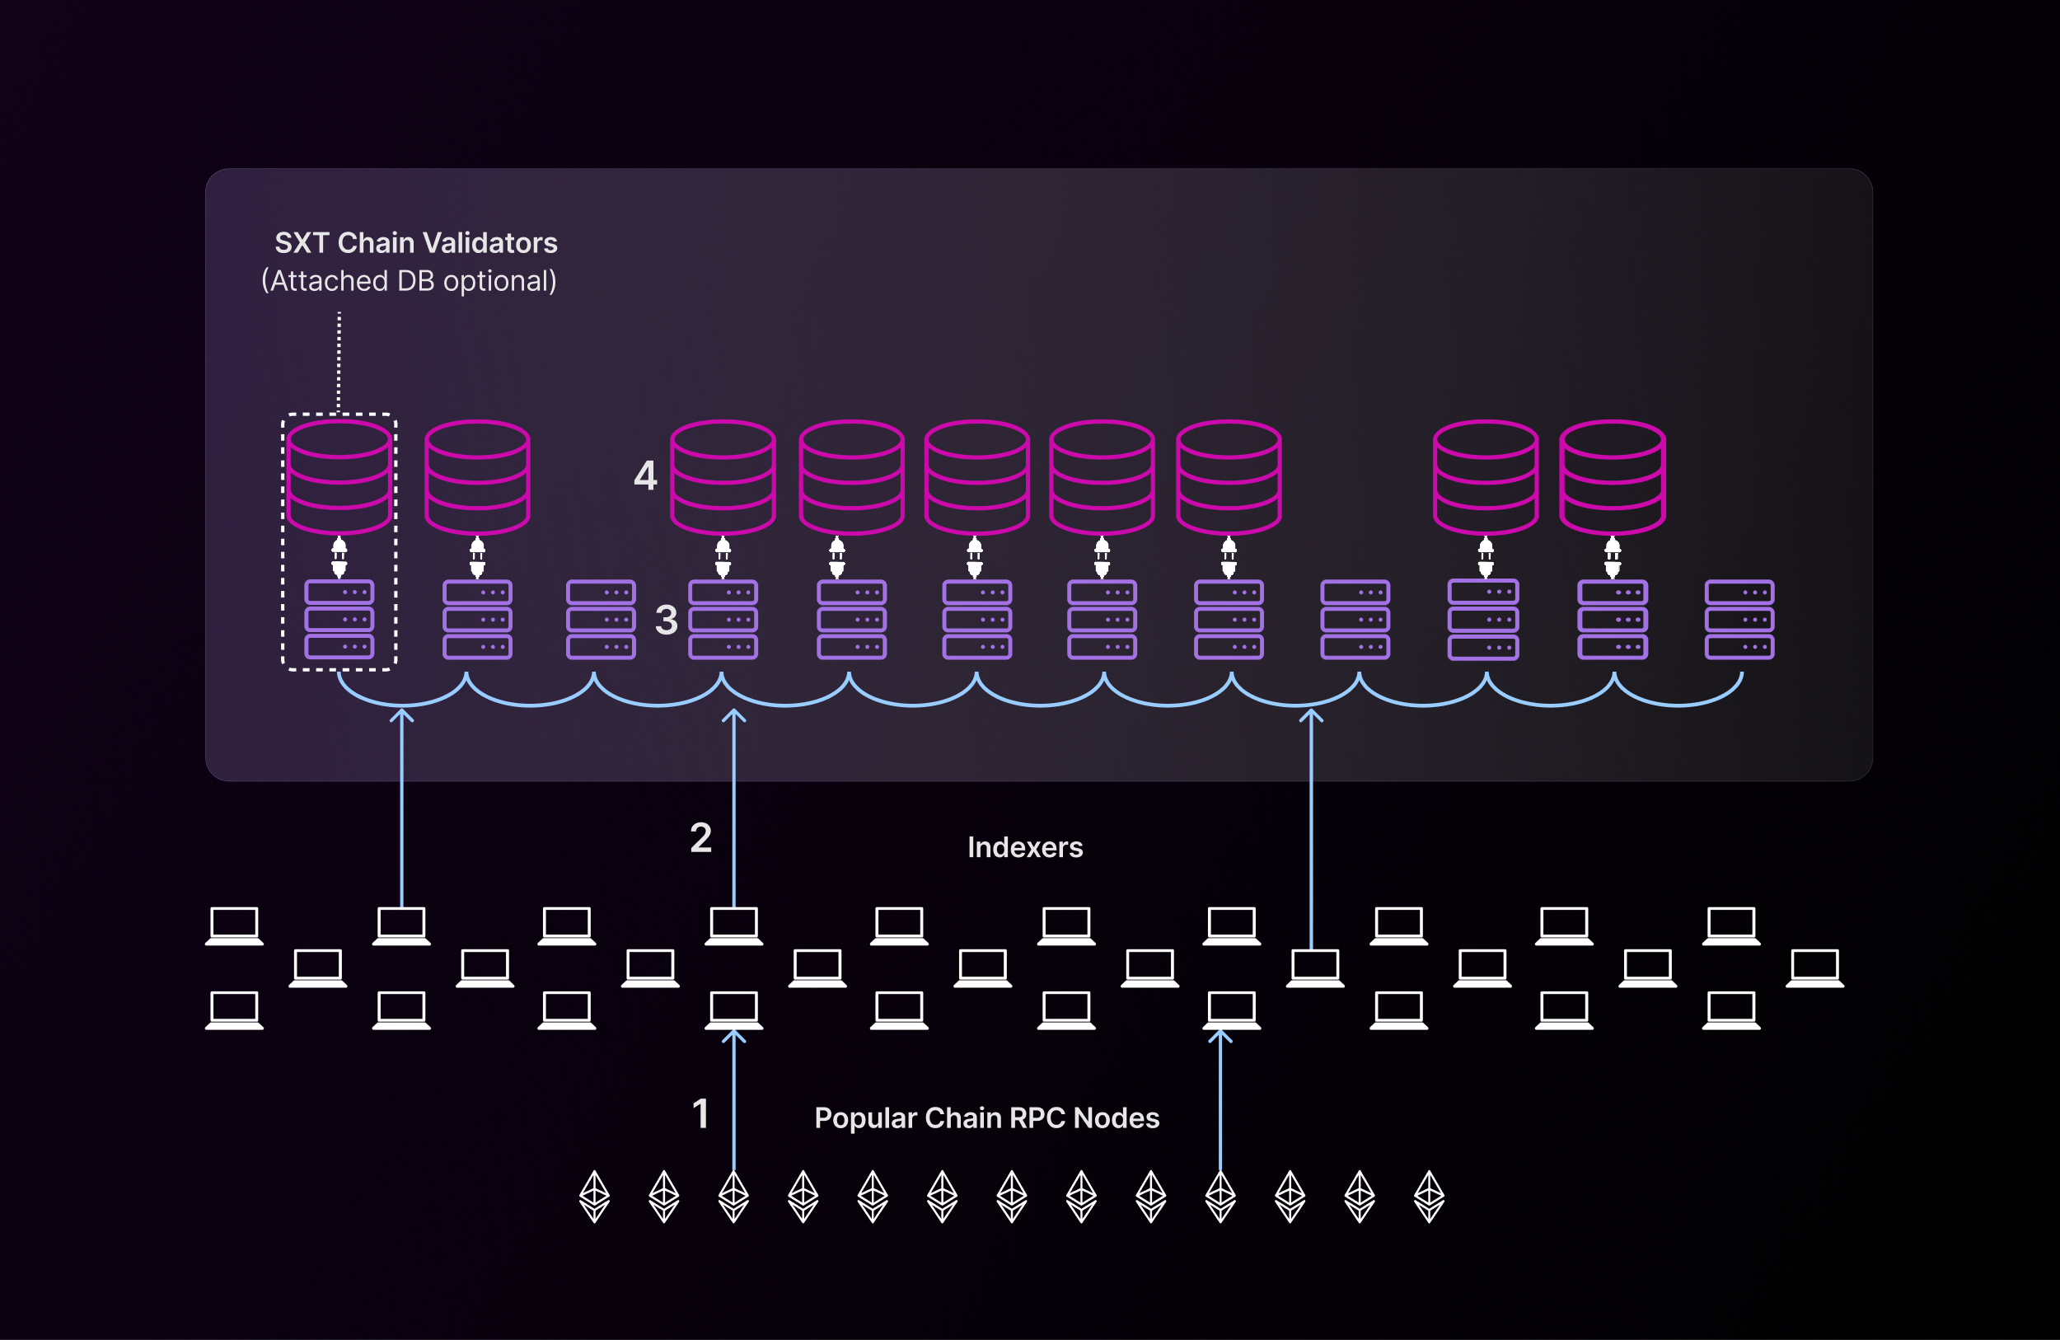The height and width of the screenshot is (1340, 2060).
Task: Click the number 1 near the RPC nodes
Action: pyautogui.click(x=700, y=1113)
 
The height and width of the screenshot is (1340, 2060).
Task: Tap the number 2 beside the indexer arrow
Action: pyautogui.click(x=700, y=838)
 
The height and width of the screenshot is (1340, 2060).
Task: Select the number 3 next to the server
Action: pyautogui.click(x=666, y=620)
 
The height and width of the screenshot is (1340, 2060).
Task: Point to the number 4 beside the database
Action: pyautogui.click(x=645, y=476)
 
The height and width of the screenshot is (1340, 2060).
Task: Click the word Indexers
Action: pyautogui.click(x=1025, y=847)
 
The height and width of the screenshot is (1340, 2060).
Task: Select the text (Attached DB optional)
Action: pyautogui.click(x=409, y=281)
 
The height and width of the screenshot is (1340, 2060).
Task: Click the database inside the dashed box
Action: pyautogui.click(x=339, y=477)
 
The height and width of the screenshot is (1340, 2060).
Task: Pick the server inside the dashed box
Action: pyautogui.click(x=339, y=620)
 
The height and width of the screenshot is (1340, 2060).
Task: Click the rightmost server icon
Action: pyautogui.click(x=1739, y=620)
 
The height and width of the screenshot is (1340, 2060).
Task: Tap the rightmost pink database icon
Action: pyautogui.click(x=1612, y=477)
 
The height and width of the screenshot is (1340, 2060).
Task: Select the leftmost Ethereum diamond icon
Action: pyautogui.click(x=595, y=1197)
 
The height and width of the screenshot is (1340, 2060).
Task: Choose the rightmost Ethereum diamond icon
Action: pyautogui.click(x=1429, y=1197)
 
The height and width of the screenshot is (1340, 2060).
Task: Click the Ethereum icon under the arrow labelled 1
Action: pyautogui.click(x=734, y=1197)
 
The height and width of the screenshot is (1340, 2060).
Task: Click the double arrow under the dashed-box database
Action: pyautogui.click(x=339, y=557)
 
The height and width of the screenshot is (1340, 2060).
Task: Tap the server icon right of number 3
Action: pyautogui.click(x=723, y=620)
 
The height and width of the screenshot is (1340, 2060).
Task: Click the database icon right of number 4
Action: pyautogui.click(x=723, y=477)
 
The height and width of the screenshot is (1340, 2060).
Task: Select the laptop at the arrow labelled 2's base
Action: pyautogui.click(x=734, y=925)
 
